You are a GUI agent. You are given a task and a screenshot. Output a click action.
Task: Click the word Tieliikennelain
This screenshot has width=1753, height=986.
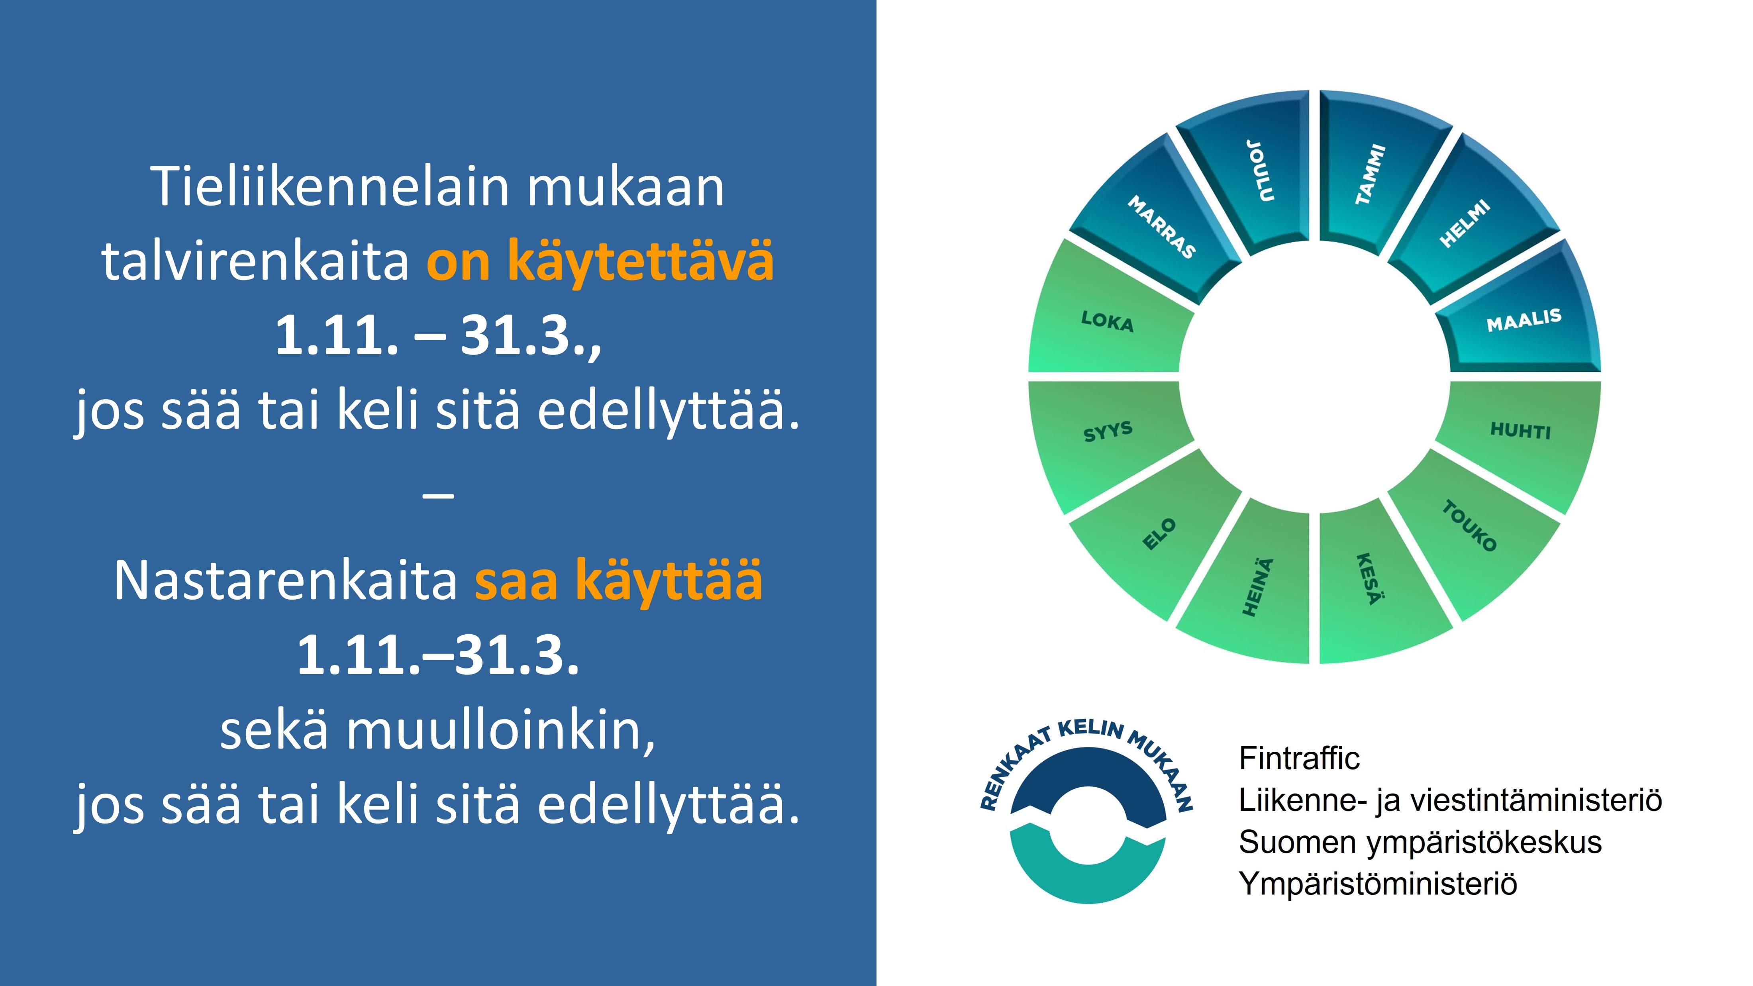(x=329, y=186)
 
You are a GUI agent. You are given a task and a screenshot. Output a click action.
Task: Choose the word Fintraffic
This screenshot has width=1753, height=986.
(x=1299, y=758)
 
